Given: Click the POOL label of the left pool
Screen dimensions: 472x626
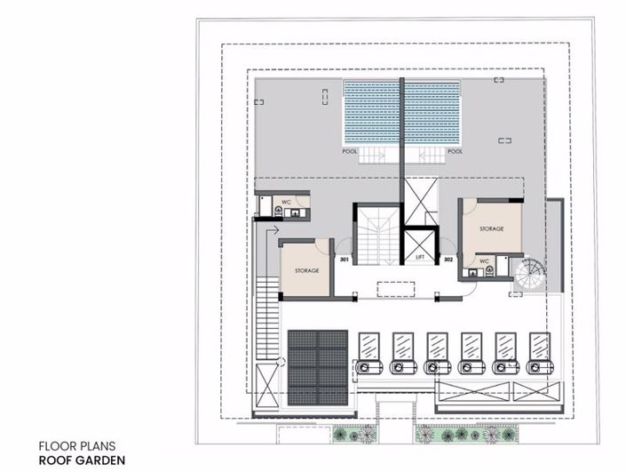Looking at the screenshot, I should tap(350, 151).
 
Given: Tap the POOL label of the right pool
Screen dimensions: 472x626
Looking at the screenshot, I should tap(456, 151).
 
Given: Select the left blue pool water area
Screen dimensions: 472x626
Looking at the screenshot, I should tap(371, 113).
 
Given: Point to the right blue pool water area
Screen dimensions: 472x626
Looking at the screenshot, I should tap(433, 113).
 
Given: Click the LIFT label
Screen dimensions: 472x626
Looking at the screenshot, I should tap(420, 257).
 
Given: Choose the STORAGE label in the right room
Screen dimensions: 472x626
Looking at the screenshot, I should tap(492, 229).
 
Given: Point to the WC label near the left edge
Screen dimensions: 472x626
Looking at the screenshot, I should tap(287, 203).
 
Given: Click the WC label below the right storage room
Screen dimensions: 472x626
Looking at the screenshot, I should tap(485, 261).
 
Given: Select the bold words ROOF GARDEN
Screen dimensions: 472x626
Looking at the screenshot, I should tap(81, 460).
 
